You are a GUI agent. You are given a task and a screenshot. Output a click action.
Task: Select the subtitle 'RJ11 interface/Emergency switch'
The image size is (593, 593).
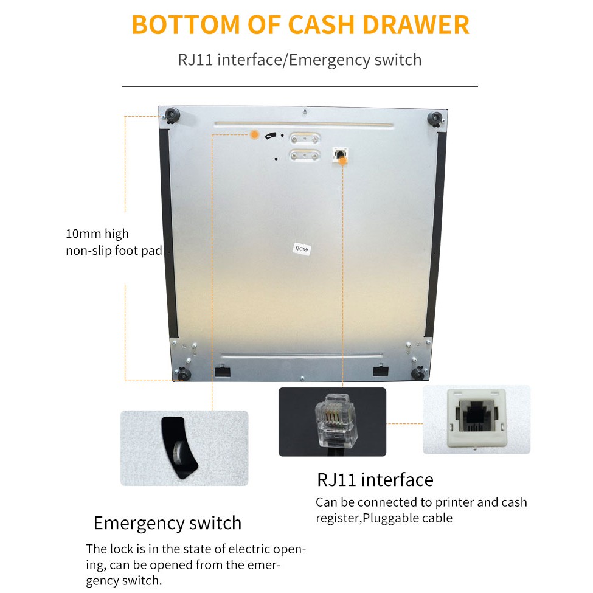(299, 60)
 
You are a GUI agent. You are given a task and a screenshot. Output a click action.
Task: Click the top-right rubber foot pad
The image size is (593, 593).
(434, 119)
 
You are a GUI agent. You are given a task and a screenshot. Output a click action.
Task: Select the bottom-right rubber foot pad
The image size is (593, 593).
(419, 372)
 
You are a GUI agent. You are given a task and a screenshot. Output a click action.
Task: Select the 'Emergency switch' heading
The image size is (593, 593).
(167, 523)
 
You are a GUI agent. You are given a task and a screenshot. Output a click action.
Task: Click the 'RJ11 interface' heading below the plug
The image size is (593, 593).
(375, 480)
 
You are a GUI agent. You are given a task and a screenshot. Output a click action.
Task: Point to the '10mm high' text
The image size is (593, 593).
(97, 234)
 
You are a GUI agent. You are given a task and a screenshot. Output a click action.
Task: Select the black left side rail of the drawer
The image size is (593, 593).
(163, 231)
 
